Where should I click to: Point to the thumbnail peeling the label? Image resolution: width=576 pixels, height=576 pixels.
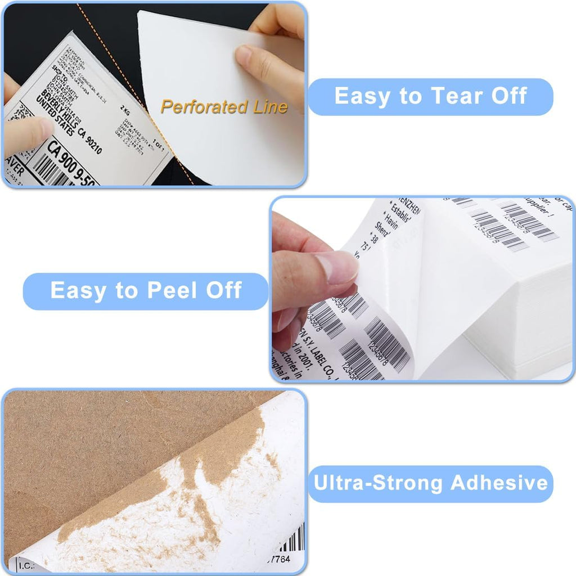click(336, 267)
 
